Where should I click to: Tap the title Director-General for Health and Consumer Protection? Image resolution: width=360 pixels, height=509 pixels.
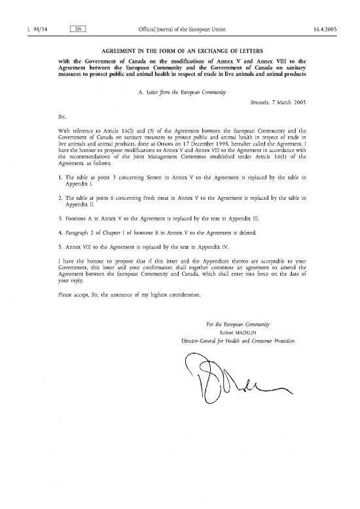pyautogui.click(x=238, y=341)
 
